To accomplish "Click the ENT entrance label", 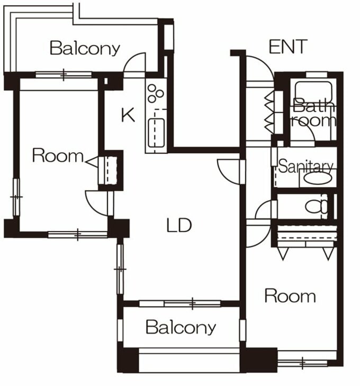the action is pyautogui.click(x=288, y=47).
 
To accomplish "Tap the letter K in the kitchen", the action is pyautogui.click(x=128, y=115).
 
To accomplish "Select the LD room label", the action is pyautogui.click(x=179, y=225).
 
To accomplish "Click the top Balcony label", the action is pyautogui.click(x=85, y=48).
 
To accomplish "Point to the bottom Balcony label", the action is pyautogui.click(x=181, y=327).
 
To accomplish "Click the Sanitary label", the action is pyautogui.click(x=306, y=166).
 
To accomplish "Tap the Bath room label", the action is pyautogui.click(x=313, y=113).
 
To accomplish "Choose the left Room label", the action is pyautogui.click(x=58, y=155).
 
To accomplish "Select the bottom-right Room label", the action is pyautogui.click(x=290, y=296).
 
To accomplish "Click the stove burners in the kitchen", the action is pyautogui.click(x=155, y=94).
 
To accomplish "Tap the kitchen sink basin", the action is pyautogui.click(x=156, y=133).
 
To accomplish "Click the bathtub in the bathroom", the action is pyautogui.click(x=313, y=91).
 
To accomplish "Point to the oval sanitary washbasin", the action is pyautogui.click(x=318, y=178).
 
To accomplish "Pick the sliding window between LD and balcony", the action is pyautogui.click(x=180, y=304).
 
